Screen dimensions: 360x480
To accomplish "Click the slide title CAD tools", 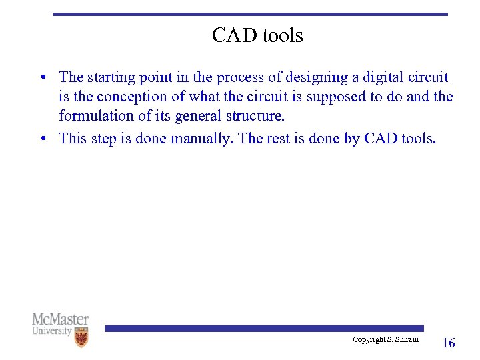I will tap(257, 35).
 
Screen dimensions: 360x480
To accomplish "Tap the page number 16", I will tap(449, 343).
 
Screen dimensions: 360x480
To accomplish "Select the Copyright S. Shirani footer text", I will tap(386, 340).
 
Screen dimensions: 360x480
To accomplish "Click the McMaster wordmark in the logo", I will tap(60, 319).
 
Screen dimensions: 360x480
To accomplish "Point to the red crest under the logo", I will tap(81, 337).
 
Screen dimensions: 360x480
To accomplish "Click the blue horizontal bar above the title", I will tap(250, 14).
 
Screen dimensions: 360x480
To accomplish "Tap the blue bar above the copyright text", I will tap(264, 328).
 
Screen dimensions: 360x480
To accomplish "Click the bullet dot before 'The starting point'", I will tap(42, 77).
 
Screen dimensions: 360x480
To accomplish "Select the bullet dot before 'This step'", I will tap(42, 139).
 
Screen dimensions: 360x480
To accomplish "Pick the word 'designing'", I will tap(317, 77).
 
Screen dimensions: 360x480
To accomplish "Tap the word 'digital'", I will tap(385, 77).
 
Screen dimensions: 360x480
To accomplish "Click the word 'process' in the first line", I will tap(241, 77).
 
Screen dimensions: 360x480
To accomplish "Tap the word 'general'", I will tap(199, 115).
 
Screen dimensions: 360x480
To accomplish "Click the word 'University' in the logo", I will tap(51, 331).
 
